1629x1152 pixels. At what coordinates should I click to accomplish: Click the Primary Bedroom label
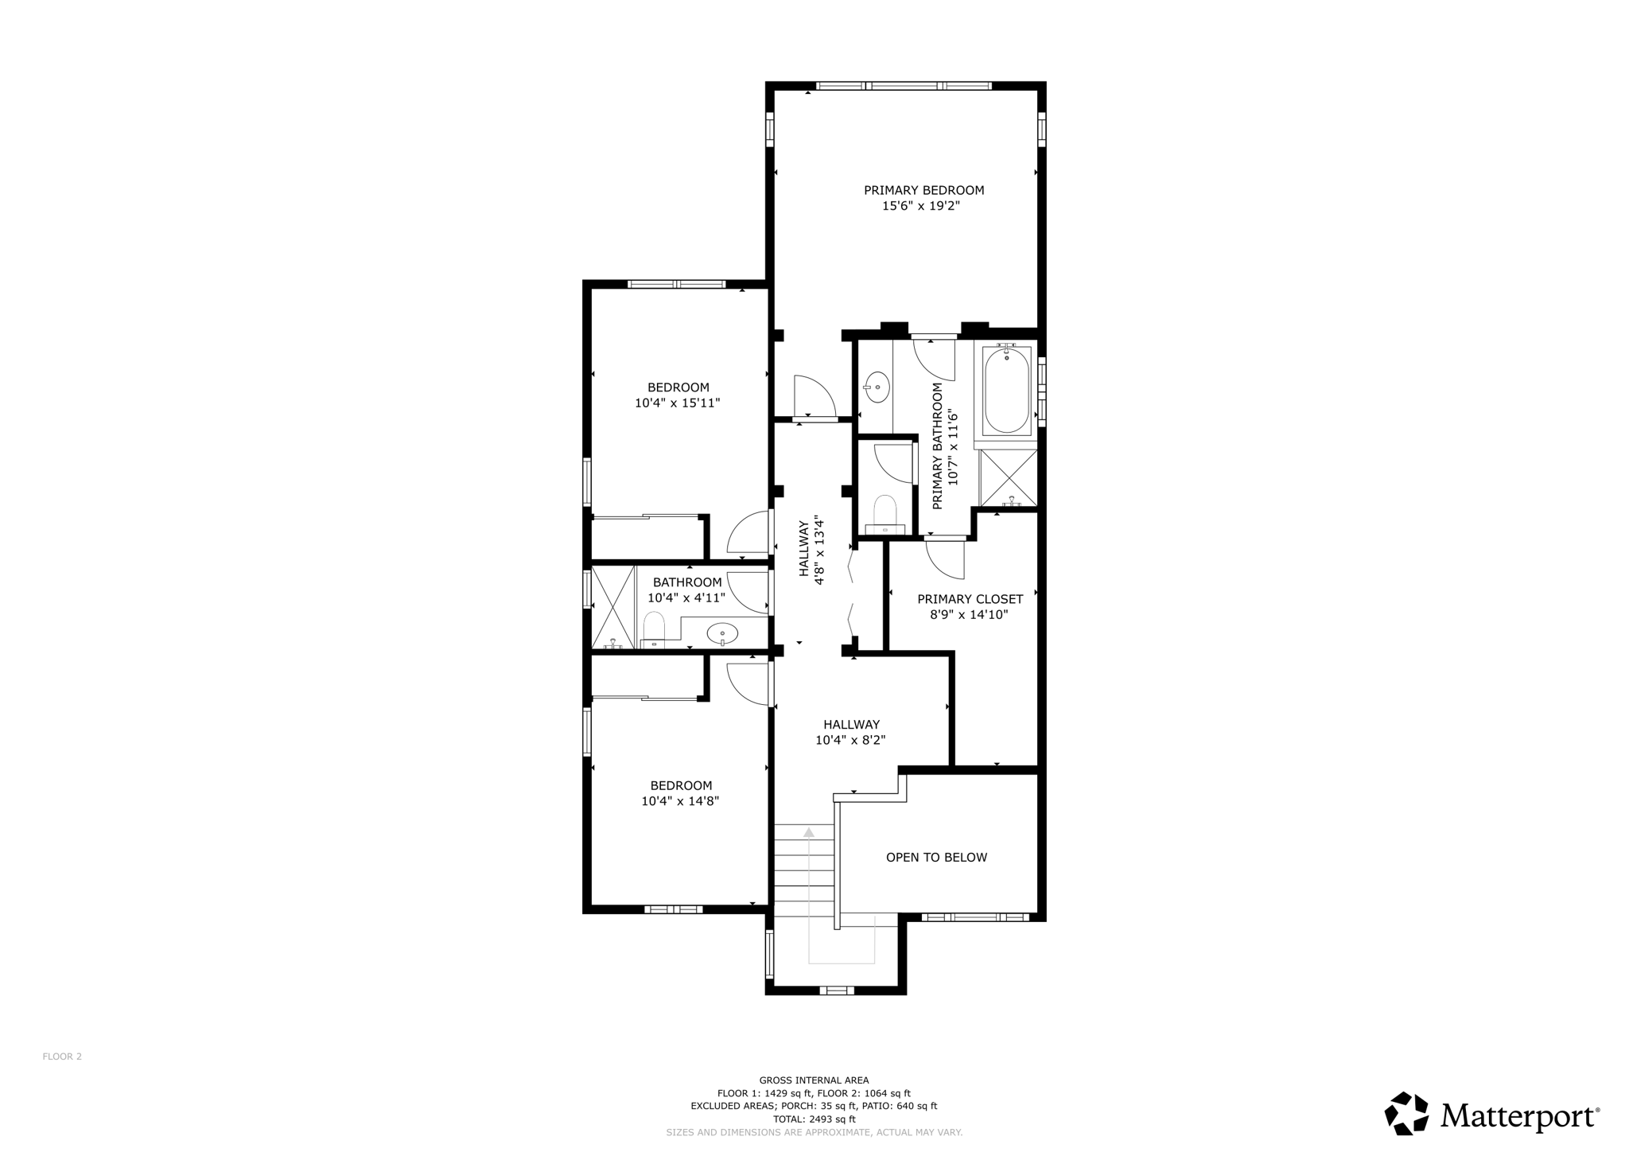(923, 190)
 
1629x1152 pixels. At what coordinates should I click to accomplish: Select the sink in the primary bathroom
(877, 387)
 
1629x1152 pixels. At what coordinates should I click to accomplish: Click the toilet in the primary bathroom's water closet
(884, 512)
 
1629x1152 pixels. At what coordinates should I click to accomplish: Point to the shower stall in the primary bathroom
(1008, 478)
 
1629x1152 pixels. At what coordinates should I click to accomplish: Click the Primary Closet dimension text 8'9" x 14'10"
(969, 614)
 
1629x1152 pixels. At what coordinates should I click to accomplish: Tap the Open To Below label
(936, 857)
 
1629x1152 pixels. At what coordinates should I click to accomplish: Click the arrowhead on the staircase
(809, 832)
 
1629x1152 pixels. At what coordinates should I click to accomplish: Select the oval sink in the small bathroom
(722, 633)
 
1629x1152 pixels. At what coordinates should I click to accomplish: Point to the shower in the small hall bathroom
(612, 606)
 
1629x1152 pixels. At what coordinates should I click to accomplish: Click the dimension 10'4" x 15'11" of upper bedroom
(677, 403)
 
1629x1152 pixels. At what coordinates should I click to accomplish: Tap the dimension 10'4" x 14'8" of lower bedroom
(680, 801)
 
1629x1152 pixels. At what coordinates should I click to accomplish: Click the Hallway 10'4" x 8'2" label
(850, 732)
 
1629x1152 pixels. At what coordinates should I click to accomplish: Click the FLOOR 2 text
(62, 1057)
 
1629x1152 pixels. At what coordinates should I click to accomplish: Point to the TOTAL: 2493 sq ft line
(814, 1119)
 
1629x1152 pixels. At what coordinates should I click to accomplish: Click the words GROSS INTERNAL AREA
(814, 1080)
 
